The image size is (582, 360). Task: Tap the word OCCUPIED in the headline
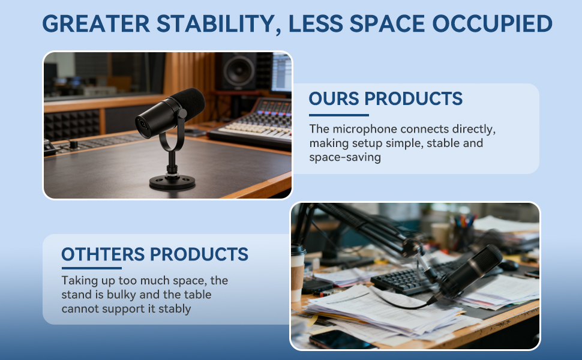pyautogui.click(x=492, y=24)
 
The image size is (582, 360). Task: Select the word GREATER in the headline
pyautogui.click(x=96, y=24)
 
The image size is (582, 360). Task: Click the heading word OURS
pyautogui.click(x=334, y=99)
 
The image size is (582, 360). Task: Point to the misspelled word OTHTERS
pyautogui.click(x=103, y=254)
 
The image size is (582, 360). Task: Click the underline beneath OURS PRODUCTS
pyautogui.click(x=339, y=115)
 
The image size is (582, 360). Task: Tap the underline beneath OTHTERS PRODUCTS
pyautogui.click(x=92, y=268)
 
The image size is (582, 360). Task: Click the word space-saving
pyautogui.click(x=345, y=157)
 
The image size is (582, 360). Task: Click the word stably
pyautogui.click(x=175, y=309)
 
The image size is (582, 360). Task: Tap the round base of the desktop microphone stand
pyautogui.click(x=172, y=182)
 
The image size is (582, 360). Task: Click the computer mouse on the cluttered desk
pyautogui.click(x=508, y=265)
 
